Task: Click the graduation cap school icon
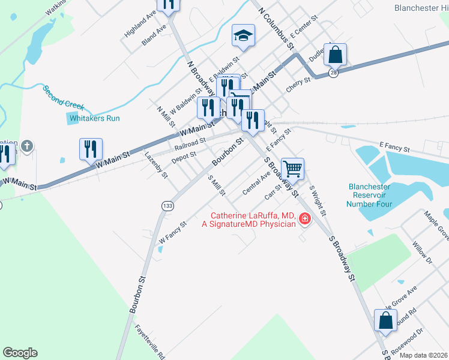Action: click(244, 37)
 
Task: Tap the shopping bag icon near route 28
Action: click(335, 55)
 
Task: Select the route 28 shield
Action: click(333, 73)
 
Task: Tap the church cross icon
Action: click(26, 146)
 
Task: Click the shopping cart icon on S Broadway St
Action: click(292, 169)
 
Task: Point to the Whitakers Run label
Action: click(95, 118)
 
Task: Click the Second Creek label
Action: click(63, 97)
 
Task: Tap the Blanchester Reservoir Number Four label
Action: click(370, 196)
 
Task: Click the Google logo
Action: click(20, 353)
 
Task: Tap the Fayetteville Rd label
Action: click(150, 341)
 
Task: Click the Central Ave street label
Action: click(256, 184)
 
